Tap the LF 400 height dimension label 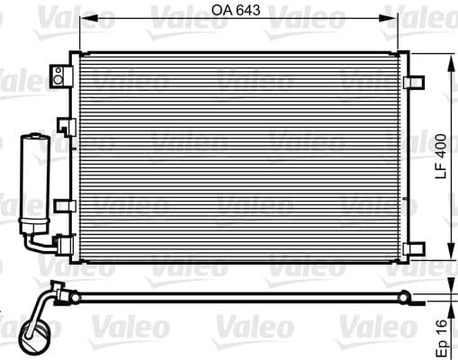pos(441,157)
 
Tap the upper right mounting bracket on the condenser pos(413,82)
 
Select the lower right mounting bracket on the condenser pos(413,247)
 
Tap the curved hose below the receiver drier pos(40,244)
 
